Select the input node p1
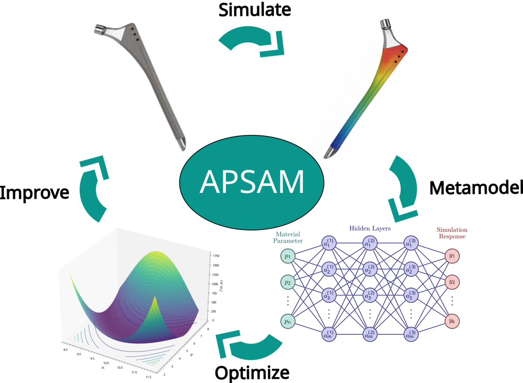(288, 256)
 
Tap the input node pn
(288, 322)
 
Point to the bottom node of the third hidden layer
(411, 335)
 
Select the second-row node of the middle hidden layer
(370, 269)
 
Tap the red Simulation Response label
(452, 233)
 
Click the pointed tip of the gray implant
(181, 143)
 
